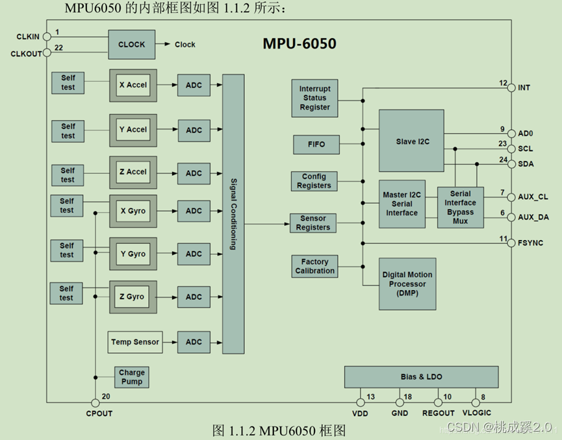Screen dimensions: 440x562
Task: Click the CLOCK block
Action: [132, 45]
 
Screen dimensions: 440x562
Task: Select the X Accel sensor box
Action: [133, 85]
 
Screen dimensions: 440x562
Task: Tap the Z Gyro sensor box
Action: [133, 297]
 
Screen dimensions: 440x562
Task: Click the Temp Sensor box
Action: [134, 342]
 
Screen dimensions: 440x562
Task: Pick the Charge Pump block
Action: [132, 377]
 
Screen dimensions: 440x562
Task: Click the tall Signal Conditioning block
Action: [233, 214]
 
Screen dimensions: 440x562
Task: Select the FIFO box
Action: [316, 144]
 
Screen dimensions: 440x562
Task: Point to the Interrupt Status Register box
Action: [315, 98]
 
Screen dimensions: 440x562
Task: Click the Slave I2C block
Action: [411, 141]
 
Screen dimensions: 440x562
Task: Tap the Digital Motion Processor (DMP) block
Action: [407, 284]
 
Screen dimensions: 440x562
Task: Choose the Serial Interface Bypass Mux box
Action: [461, 208]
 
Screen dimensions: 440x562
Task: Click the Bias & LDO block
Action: [421, 377]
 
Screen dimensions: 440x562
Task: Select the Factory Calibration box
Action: [315, 266]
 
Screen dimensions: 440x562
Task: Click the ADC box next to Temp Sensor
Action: [194, 342]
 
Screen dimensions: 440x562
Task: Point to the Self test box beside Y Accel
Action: [68, 131]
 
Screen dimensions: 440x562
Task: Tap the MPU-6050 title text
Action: [300, 44]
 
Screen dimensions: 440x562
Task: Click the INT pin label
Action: [524, 87]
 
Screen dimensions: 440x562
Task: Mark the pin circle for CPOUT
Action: [96, 403]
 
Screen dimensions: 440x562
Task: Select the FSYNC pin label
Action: [531, 243]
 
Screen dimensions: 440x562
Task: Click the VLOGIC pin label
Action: [476, 413]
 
